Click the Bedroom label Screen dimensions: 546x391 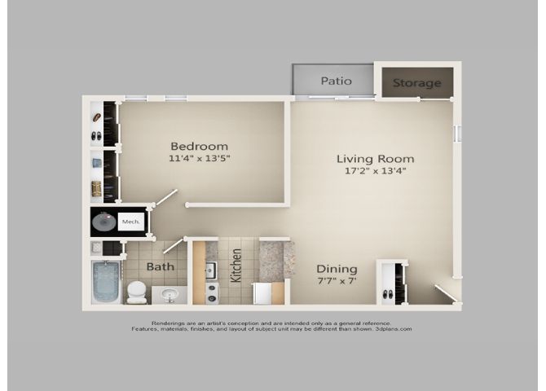[199, 147]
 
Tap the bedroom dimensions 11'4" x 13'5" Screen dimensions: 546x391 [200, 158]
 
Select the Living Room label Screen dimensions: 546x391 [376, 159]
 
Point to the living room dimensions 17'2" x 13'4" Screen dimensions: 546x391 [376, 171]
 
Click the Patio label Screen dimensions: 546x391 [336, 81]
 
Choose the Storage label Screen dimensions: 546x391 [416, 83]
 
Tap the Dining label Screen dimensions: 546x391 [337, 269]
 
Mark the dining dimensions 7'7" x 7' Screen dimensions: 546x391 [337, 281]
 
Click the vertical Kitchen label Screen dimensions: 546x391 [236, 266]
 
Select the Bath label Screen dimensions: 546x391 [161, 267]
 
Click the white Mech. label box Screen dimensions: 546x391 [131, 222]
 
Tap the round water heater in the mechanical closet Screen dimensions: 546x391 [103, 222]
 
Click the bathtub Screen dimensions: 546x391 [106, 282]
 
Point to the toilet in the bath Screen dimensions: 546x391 [136, 292]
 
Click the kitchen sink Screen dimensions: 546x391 [211, 270]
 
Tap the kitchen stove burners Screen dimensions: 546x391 [211, 292]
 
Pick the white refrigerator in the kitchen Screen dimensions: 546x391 [263, 293]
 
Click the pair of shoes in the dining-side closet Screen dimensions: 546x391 [388, 294]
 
